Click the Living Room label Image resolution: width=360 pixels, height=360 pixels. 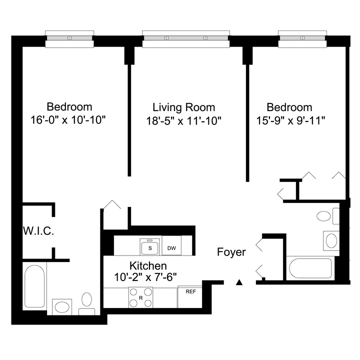pos(183,107)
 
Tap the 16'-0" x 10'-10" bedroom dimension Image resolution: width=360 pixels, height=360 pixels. pos(68,120)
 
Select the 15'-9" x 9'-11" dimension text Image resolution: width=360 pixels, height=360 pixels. pos(290,120)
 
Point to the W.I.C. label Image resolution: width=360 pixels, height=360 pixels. pos(38,231)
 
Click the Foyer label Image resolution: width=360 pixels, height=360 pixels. pos(231,252)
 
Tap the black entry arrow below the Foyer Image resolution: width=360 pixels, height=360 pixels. pos(239,282)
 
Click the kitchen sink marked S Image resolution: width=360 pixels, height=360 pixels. pos(150,247)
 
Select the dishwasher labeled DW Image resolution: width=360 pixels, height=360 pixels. pos(171,245)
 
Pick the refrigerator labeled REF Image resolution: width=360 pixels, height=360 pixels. pos(190,297)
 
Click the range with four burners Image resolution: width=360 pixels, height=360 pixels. pos(140,297)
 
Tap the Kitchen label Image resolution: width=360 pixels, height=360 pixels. pos(148,266)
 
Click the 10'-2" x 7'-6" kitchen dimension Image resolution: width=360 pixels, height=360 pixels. pos(145,277)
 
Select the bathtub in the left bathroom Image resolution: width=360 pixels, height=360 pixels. pos(34,286)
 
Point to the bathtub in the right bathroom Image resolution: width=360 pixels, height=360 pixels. pos(310,268)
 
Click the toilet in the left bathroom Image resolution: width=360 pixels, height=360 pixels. pos(87,303)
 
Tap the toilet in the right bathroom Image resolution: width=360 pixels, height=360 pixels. pos(328,216)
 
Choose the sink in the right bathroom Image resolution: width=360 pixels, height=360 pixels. pos(331,240)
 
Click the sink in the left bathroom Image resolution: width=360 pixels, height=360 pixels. pos(62,307)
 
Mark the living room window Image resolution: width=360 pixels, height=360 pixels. pos(186,39)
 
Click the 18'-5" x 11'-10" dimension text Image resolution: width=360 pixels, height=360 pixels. pos(183,121)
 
